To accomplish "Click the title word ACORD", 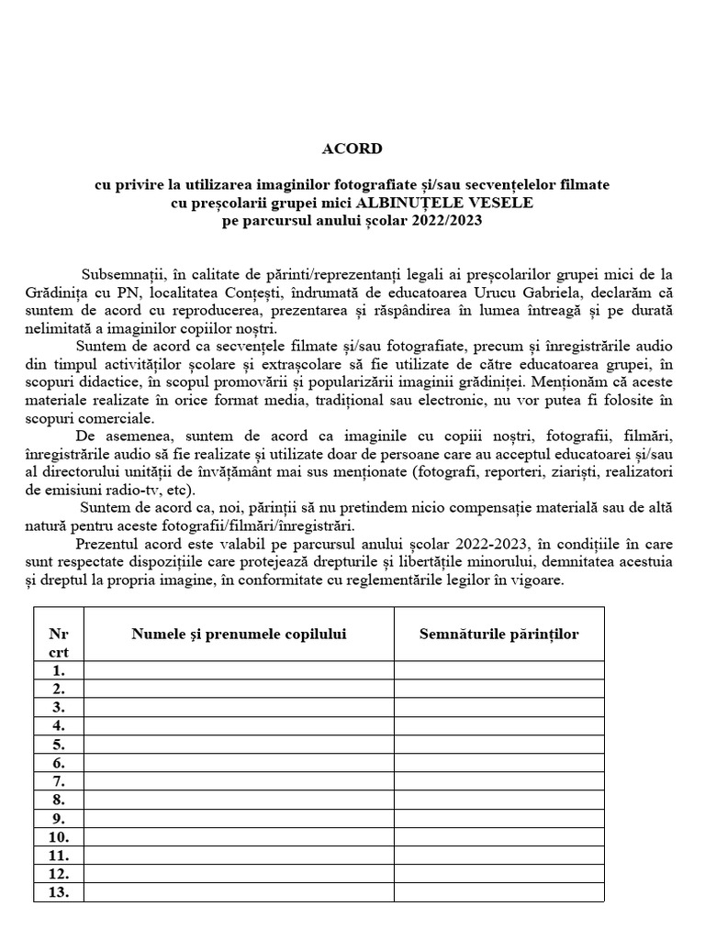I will tap(352, 148).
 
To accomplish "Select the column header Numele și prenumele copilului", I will tap(239, 634).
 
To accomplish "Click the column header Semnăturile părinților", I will tap(499, 634).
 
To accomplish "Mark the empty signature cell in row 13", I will tap(499, 892).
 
